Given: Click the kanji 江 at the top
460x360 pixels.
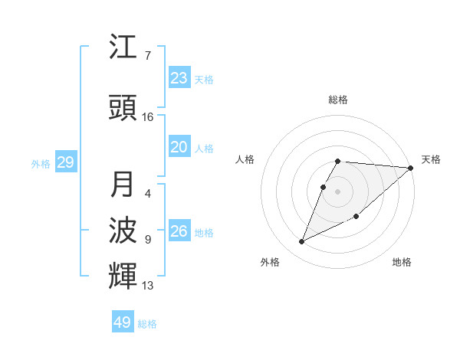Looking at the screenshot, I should [123, 48].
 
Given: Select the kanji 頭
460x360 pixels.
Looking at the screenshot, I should [123, 109].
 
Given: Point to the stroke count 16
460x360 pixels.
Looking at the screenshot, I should [148, 117].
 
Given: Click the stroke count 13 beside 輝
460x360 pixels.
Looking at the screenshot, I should [148, 286].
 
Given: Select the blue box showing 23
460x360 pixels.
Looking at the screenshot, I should [179, 78].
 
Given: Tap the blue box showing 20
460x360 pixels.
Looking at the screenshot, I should [179, 148].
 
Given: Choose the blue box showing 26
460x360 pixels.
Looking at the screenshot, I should [179, 231].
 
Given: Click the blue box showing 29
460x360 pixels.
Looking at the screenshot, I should [65, 162].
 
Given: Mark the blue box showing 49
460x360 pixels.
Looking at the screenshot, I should [123, 322].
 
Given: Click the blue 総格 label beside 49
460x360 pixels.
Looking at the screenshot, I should [147, 324].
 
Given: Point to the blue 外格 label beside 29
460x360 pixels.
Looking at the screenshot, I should [41, 163].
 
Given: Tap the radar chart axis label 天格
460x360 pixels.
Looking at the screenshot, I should [431, 159].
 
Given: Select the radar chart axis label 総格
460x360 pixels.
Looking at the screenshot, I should [338, 100].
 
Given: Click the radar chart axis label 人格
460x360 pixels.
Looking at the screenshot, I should [245, 159].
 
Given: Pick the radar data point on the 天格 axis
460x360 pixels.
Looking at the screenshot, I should [411, 168].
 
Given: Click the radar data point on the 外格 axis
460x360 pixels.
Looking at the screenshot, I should [302, 241].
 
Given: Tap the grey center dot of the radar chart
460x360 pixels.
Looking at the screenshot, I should [338, 191].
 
